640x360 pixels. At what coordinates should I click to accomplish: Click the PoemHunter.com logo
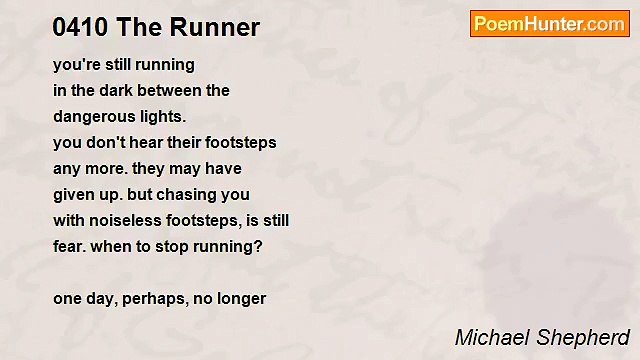(x=549, y=24)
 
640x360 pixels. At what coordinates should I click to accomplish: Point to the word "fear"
(x=69, y=246)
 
